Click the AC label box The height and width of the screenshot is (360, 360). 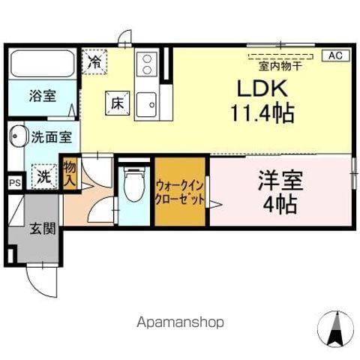coord(335,55)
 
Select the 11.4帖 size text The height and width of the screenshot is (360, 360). coord(262,114)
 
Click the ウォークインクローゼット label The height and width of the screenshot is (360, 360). coord(180,191)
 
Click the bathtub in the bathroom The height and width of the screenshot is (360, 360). coord(42,66)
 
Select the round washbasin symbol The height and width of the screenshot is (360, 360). coord(16,137)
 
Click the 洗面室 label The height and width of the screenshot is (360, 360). coord(52,137)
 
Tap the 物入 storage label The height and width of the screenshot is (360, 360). coord(70,174)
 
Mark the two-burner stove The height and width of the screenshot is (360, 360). coord(147,64)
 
